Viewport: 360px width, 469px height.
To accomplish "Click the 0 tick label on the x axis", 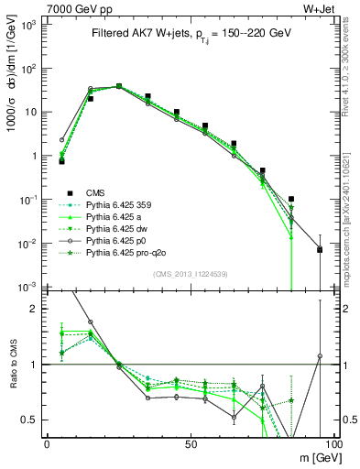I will click(x=47, y=442).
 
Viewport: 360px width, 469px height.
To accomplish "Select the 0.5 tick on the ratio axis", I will click(x=34, y=420).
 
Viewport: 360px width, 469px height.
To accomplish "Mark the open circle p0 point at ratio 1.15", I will click(x=320, y=355).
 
